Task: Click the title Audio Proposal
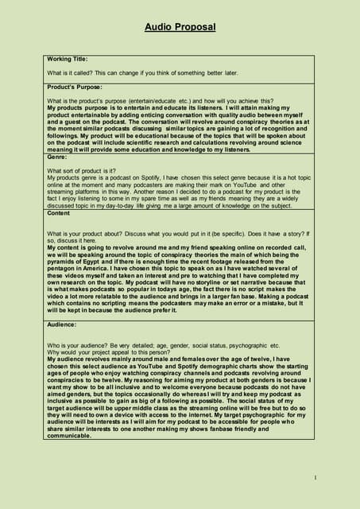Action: [x=180, y=28]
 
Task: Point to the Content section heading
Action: [x=60, y=213]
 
